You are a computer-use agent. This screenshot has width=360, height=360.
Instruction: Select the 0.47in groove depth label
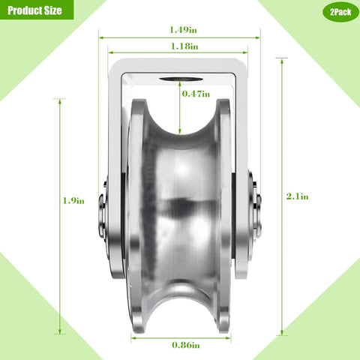pyautogui.click(x=196, y=94)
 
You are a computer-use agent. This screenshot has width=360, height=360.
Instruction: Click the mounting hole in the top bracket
pyautogui.click(x=179, y=79)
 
